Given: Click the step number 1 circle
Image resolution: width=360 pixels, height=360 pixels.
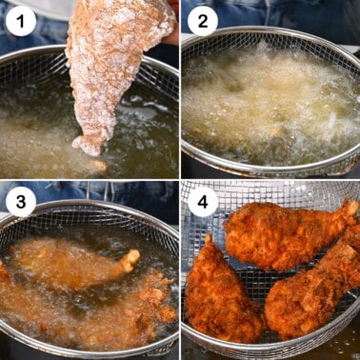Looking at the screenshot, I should [20, 20].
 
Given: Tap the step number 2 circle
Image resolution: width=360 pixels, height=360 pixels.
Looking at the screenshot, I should [201, 20].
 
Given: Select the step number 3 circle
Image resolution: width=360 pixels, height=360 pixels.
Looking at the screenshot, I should [20, 201].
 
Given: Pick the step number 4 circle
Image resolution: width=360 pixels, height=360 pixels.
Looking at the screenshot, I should [201, 201].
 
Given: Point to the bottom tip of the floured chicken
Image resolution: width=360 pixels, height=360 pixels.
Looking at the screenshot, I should [90, 147].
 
